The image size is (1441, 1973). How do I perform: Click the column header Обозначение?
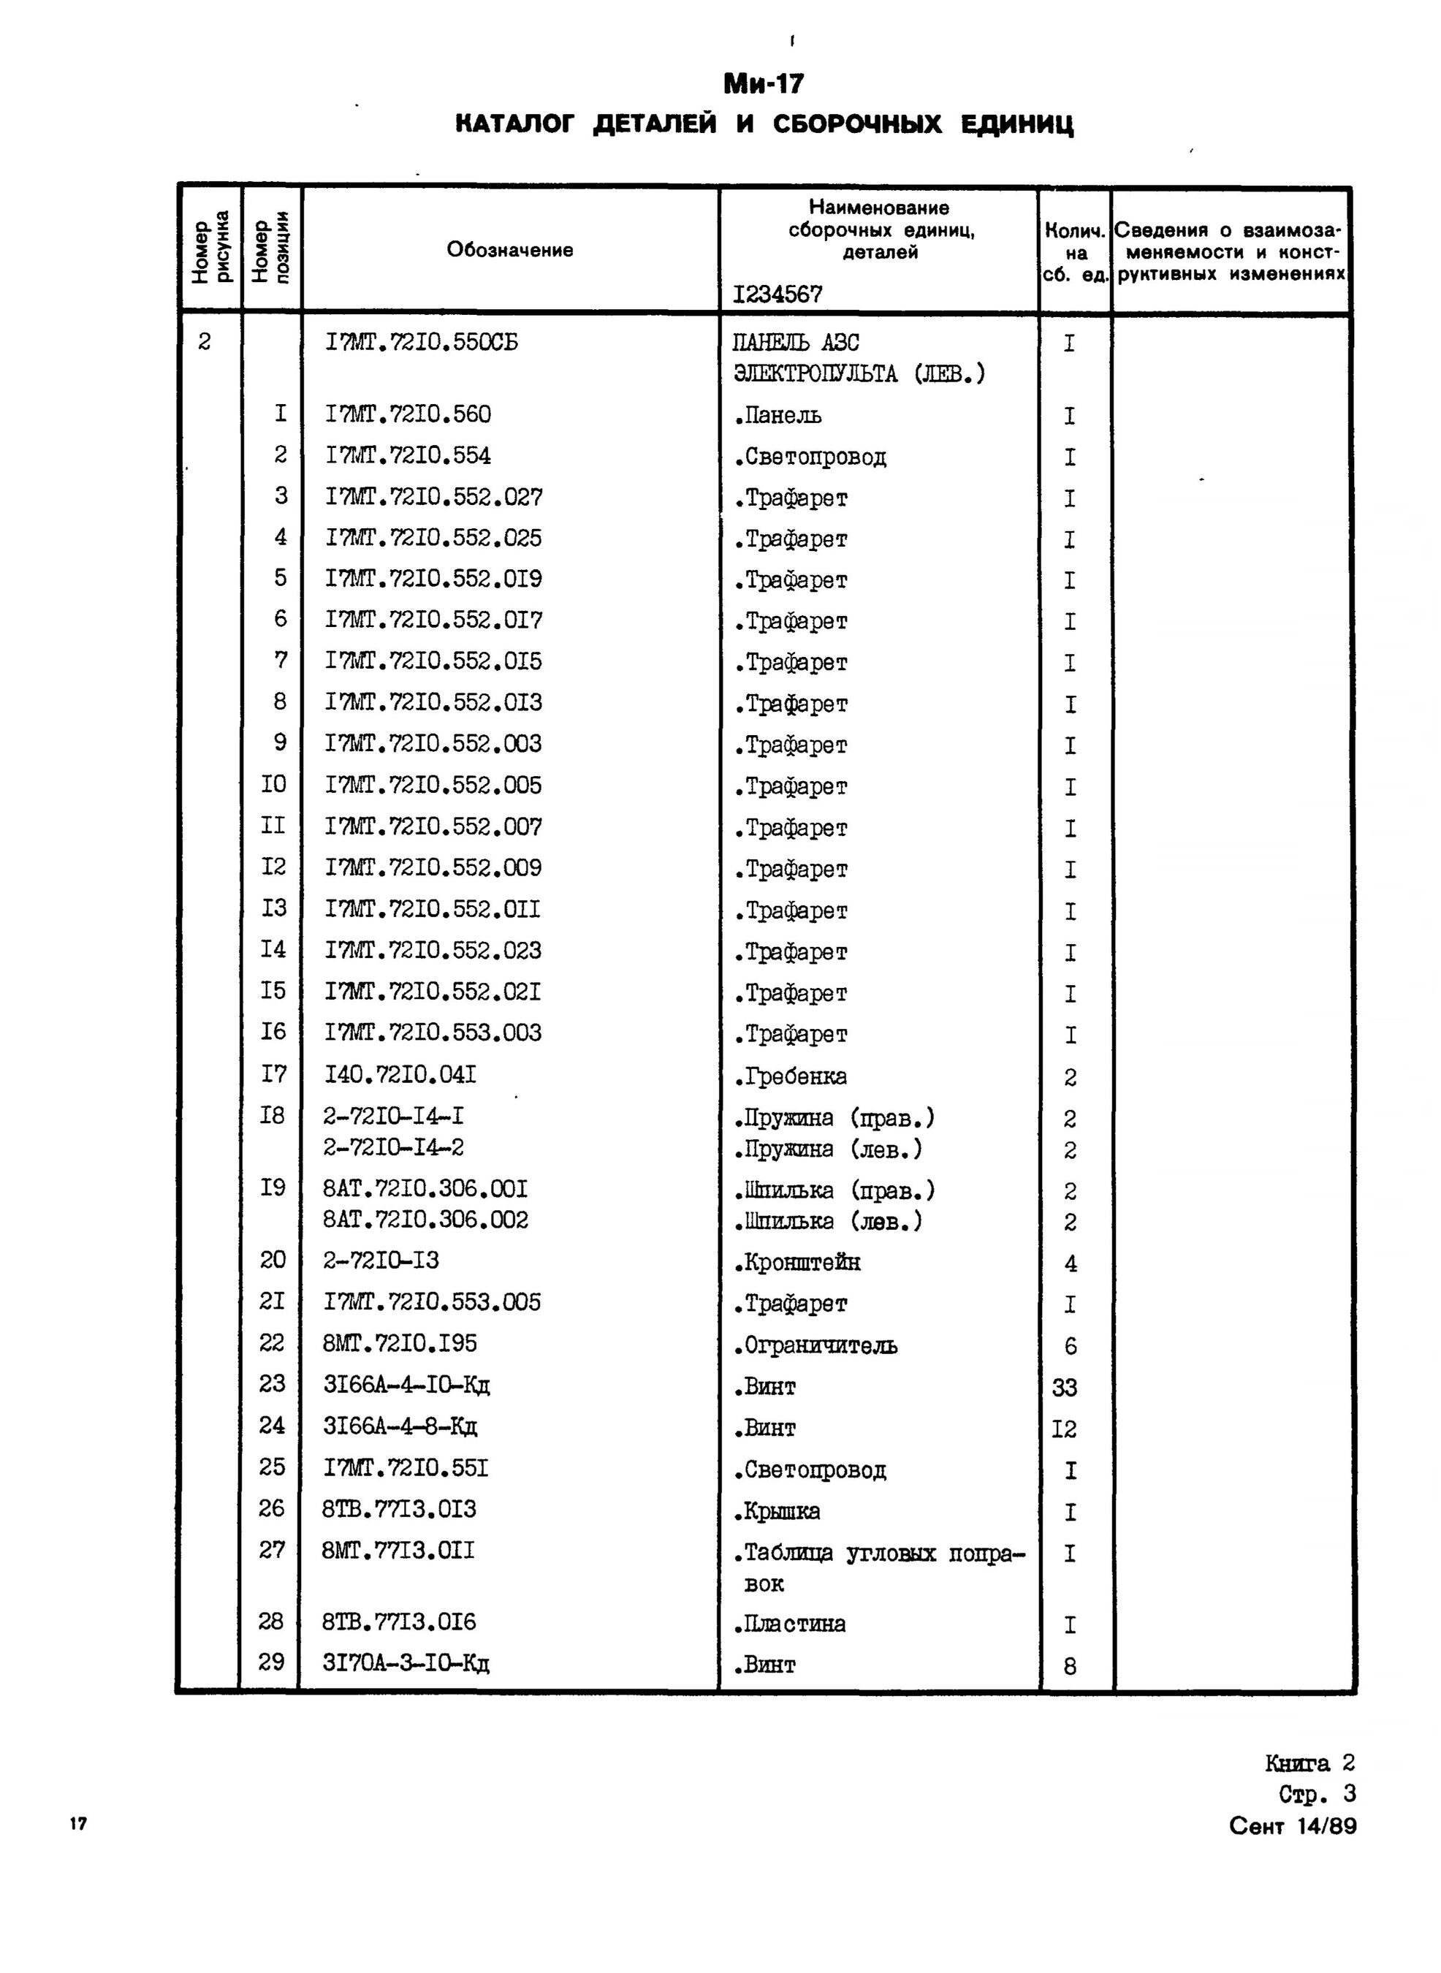click(x=509, y=251)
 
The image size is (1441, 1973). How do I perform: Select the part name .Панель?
click(x=777, y=416)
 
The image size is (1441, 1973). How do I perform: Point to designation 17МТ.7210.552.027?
click(x=433, y=497)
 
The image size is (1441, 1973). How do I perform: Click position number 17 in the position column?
click(x=273, y=1075)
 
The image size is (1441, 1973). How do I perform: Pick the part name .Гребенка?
click(x=790, y=1077)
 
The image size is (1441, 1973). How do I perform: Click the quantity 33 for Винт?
click(x=1065, y=1387)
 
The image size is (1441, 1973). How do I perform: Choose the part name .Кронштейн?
click(x=797, y=1263)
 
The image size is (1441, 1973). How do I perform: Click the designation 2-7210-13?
click(x=381, y=1261)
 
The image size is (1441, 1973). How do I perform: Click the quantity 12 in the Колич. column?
click(x=1065, y=1429)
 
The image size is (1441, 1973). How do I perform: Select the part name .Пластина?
click(x=789, y=1624)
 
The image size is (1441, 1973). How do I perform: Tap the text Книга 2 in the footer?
click(x=1309, y=1764)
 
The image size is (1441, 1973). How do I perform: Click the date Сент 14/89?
click(x=1292, y=1826)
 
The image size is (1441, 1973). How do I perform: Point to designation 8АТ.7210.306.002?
click(x=426, y=1220)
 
